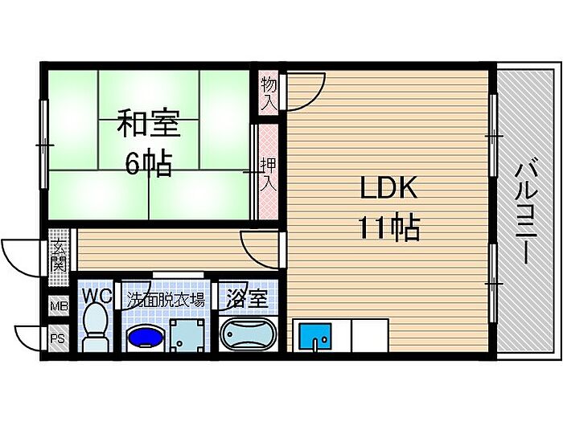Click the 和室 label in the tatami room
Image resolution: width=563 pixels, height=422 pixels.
pos(149,123)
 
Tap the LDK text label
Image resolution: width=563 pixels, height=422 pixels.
pos(388,187)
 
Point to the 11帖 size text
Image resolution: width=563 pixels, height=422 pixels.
pos(388,227)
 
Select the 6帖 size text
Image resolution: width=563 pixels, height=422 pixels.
pos(148,163)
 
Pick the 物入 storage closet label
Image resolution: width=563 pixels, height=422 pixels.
pos(269,94)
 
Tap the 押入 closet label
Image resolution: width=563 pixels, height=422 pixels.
pos(269,174)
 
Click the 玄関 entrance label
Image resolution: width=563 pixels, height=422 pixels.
pos(59,256)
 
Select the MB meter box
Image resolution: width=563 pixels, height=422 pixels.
pos(59,306)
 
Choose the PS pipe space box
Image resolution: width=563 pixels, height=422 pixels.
pos(59,338)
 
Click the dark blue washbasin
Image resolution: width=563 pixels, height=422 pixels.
pos(146,337)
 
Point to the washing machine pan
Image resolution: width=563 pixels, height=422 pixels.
pos(187,335)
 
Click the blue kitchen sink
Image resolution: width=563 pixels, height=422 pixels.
pos(316,335)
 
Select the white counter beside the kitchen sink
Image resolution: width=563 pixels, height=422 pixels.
pos(370,335)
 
